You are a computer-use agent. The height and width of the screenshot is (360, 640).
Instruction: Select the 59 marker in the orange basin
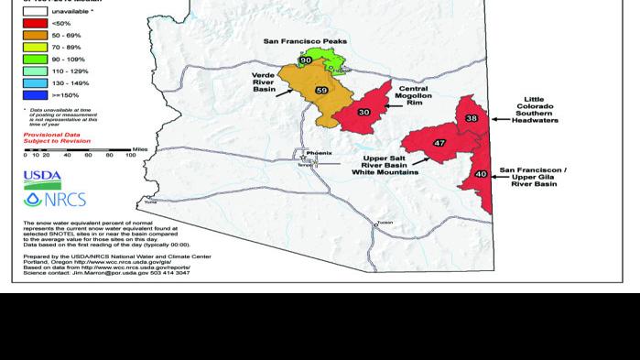(320, 91)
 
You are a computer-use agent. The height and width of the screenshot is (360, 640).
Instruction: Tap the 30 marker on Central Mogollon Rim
(363, 112)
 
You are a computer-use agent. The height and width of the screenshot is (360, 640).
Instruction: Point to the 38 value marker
(472, 118)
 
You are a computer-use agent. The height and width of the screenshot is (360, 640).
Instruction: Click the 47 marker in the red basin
(439, 143)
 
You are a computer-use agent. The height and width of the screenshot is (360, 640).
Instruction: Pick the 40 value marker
(481, 173)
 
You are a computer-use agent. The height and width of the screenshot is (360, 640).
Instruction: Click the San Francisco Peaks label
(305, 41)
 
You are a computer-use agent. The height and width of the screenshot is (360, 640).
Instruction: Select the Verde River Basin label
(265, 83)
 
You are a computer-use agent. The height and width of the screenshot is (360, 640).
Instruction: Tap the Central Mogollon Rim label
(413, 96)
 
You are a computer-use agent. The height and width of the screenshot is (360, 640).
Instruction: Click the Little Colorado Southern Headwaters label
(534, 110)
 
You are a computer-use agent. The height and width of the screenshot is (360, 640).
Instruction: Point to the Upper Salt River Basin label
(385, 165)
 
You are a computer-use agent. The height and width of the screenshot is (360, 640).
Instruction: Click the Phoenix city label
(320, 153)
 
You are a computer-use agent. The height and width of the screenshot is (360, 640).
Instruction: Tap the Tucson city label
(385, 222)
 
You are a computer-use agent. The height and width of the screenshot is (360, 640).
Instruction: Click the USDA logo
(42, 177)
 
